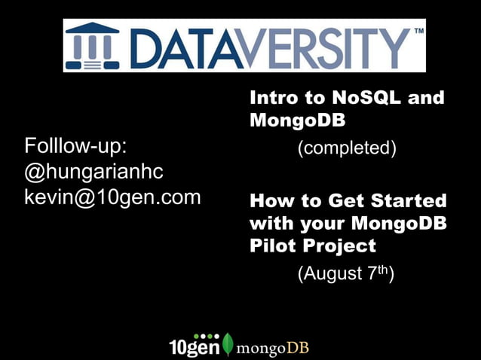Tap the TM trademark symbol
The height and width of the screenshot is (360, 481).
(418, 32)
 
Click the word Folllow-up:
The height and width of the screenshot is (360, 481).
(75, 145)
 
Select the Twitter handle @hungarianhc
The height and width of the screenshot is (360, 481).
(93, 172)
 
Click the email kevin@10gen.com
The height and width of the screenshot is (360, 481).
(113, 198)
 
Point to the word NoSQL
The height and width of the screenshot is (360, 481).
(362, 98)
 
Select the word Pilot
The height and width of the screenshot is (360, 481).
(272, 246)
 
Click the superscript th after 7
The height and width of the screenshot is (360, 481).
(381, 269)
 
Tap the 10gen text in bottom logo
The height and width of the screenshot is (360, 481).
(194, 348)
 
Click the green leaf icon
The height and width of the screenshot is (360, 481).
(228, 345)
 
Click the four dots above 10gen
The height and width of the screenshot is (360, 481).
(206, 336)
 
